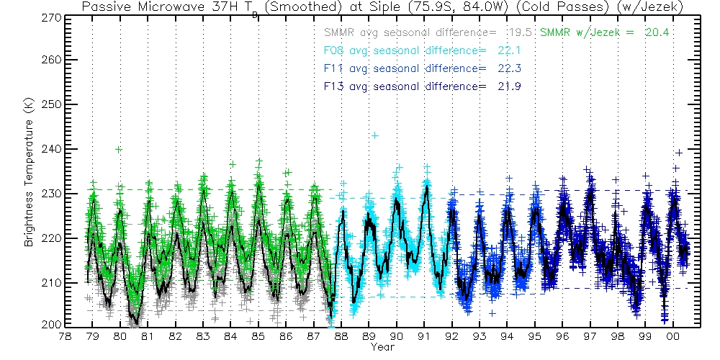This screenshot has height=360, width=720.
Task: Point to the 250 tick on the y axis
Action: pos(47,104)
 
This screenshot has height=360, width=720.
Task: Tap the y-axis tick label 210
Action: pos(47,282)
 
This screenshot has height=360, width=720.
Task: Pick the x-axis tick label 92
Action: pos(451,336)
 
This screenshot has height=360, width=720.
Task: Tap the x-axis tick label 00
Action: pos(673,336)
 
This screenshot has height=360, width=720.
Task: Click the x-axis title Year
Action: pos(382,347)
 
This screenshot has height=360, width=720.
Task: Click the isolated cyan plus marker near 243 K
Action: pos(374,135)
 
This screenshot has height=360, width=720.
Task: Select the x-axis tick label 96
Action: pos(562,336)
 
